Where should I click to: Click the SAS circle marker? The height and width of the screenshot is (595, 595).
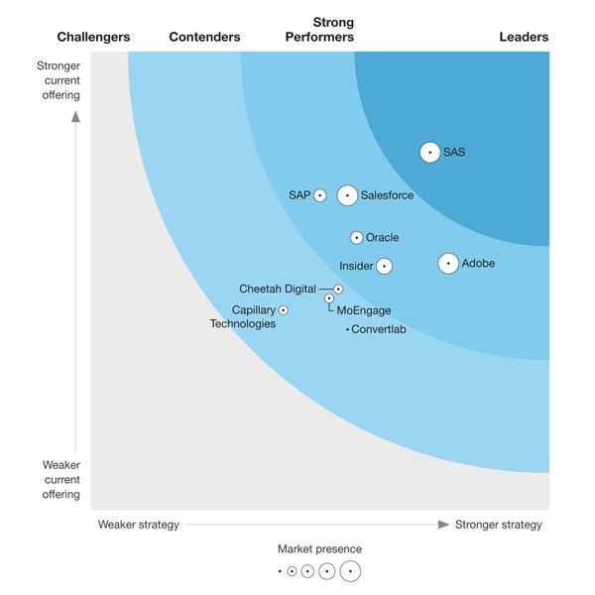click(x=429, y=152)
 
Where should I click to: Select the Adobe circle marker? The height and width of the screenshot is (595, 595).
click(x=448, y=264)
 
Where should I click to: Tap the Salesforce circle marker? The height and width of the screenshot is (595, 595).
click(x=347, y=195)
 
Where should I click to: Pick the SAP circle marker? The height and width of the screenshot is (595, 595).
click(x=320, y=195)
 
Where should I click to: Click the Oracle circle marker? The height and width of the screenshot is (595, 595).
click(x=356, y=238)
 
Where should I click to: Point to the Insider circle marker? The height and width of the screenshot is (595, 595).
click(x=384, y=266)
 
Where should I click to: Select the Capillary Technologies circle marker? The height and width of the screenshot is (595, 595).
click(x=284, y=310)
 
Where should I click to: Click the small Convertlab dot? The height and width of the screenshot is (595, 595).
click(x=347, y=329)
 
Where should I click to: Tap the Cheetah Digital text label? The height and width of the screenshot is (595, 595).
click(x=278, y=289)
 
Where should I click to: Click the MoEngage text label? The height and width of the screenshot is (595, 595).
click(x=364, y=310)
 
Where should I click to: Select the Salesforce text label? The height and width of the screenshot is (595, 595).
click(x=387, y=195)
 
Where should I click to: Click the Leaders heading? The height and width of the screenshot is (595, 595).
click(x=524, y=38)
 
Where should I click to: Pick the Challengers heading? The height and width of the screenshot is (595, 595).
click(x=93, y=38)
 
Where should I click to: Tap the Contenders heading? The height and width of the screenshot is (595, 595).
click(x=204, y=38)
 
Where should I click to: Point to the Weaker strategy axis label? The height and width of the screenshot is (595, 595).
click(x=138, y=525)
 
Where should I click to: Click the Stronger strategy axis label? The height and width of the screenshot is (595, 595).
click(x=499, y=525)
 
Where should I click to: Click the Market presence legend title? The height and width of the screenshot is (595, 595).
click(x=319, y=548)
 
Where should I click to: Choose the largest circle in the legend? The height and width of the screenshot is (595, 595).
click(x=350, y=571)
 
